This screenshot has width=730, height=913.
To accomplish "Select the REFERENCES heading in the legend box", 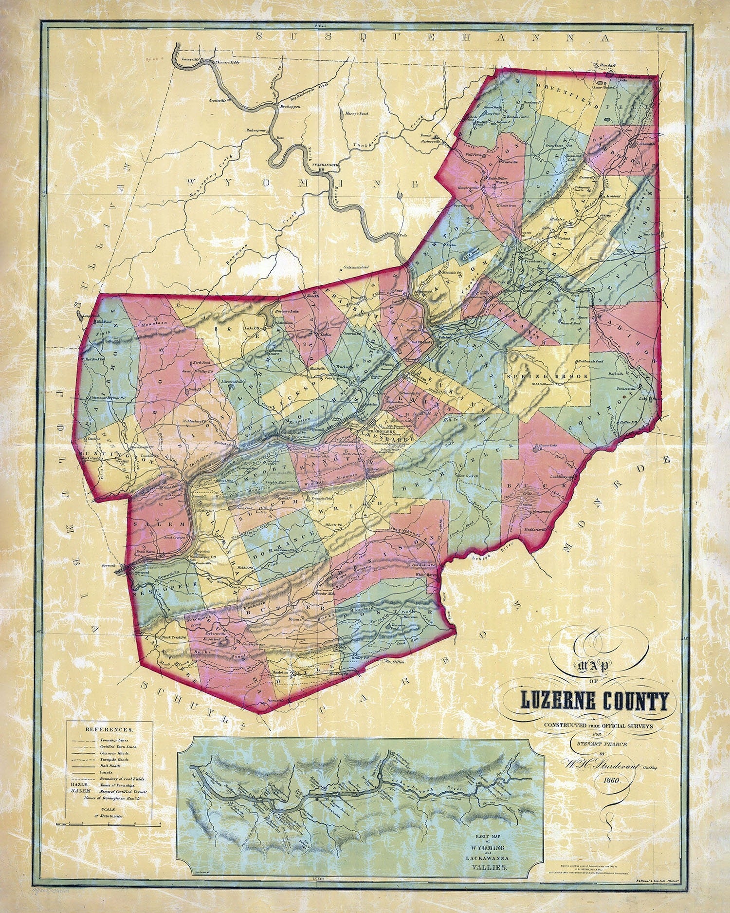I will click(x=109, y=730).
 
